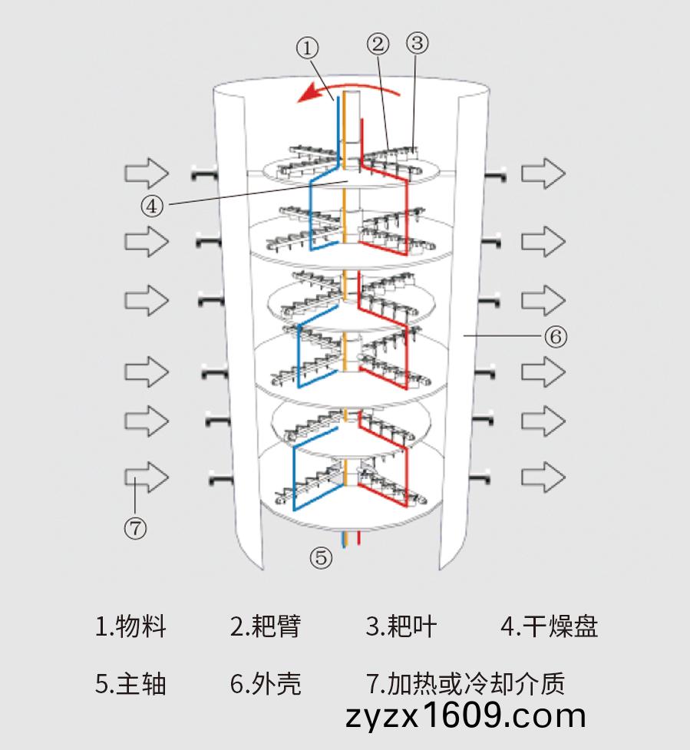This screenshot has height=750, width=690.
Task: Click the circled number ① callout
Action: click(308, 48)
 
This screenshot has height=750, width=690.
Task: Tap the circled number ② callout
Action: click(378, 44)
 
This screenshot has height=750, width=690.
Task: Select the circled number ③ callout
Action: click(417, 42)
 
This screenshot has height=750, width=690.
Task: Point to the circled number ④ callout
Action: click(151, 206)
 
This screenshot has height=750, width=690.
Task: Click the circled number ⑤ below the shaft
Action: click(320, 558)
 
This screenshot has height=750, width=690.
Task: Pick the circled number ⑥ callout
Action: click(555, 337)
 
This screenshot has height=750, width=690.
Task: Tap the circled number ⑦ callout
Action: click(135, 529)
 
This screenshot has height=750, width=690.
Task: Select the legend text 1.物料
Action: click(130, 626)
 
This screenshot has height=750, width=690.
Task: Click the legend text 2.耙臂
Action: click(266, 626)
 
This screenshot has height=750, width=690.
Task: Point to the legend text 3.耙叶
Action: click(401, 626)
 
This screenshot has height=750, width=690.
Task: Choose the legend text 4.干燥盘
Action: click(549, 626)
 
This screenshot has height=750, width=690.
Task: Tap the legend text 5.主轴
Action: click(130, 683)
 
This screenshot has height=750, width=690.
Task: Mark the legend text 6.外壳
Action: click(266, 683)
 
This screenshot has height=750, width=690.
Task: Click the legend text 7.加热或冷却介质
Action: click(465, 683)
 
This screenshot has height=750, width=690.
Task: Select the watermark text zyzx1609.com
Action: click(465, 716)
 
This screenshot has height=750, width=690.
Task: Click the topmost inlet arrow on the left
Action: click(147, 173)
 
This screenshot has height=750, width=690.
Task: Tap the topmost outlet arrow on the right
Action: click(543, 173)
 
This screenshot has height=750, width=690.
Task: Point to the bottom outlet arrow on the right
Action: click(543, 477)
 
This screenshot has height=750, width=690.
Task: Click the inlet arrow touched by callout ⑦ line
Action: click(147, 477)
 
